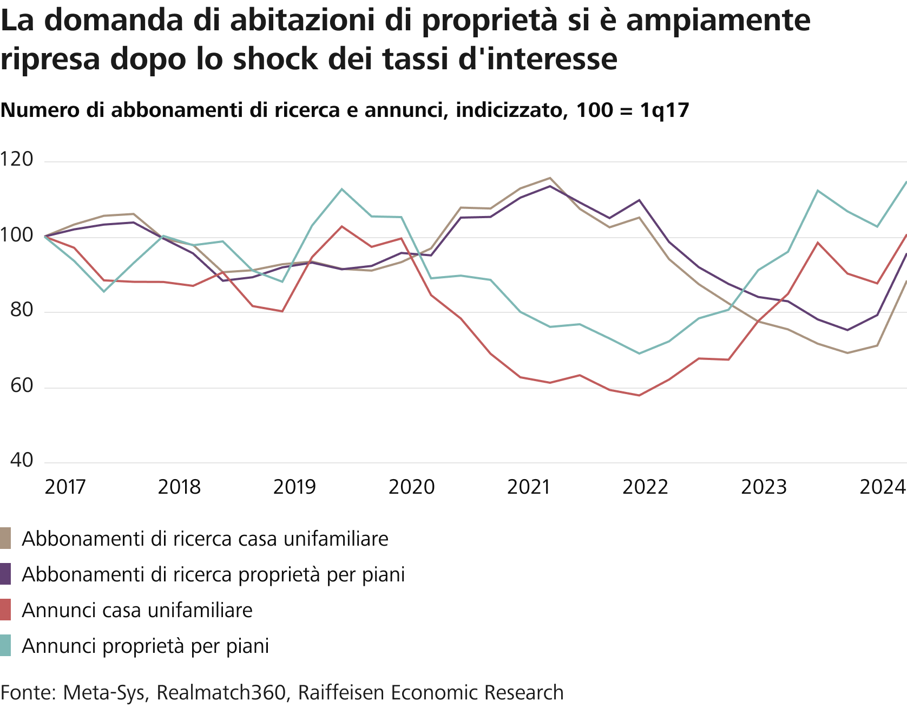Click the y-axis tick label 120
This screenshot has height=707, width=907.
click(x=17, y=160)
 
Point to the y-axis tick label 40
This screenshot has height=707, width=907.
click(x=22, y=461)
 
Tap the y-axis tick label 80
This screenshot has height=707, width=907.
click(x=22, y=310)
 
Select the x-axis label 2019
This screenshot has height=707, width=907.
click(x=294, y=487)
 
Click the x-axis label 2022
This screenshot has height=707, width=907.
click(x=645, y=487)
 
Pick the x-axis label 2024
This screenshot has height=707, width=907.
click(x=883, y=487)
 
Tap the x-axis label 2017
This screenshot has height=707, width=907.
click(x=65, y=487)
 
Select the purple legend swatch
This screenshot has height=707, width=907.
click(x=5, y=574)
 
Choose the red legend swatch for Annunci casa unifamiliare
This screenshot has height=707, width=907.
click(x=5, y=610)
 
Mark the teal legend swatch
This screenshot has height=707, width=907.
click(x=5, y=646)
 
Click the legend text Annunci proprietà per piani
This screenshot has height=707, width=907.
click(x=145, y=646)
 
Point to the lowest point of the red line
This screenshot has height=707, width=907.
click(x=639, y=395)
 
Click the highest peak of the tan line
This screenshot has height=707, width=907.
click(x=550, y=178)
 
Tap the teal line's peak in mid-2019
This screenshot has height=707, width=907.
click(x=341, y=189)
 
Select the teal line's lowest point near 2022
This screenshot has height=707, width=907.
click(x=639, y=353)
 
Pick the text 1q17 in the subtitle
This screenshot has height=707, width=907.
click(x=665, y=110)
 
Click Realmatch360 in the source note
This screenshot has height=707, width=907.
click(x=221, y=693)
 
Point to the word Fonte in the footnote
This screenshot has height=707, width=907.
click(x=28, y=693)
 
